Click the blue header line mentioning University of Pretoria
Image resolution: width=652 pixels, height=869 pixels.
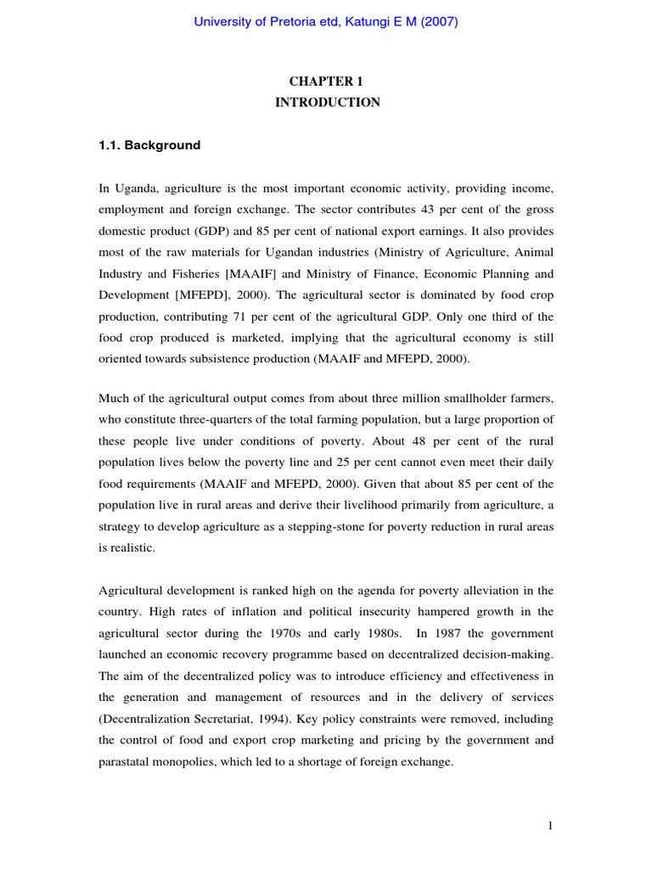(326, 23)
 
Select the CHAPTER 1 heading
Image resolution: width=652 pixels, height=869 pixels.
(326, 81)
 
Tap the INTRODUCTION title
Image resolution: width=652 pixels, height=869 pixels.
(326, 103)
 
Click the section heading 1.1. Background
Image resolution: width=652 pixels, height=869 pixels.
(149, 145)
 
